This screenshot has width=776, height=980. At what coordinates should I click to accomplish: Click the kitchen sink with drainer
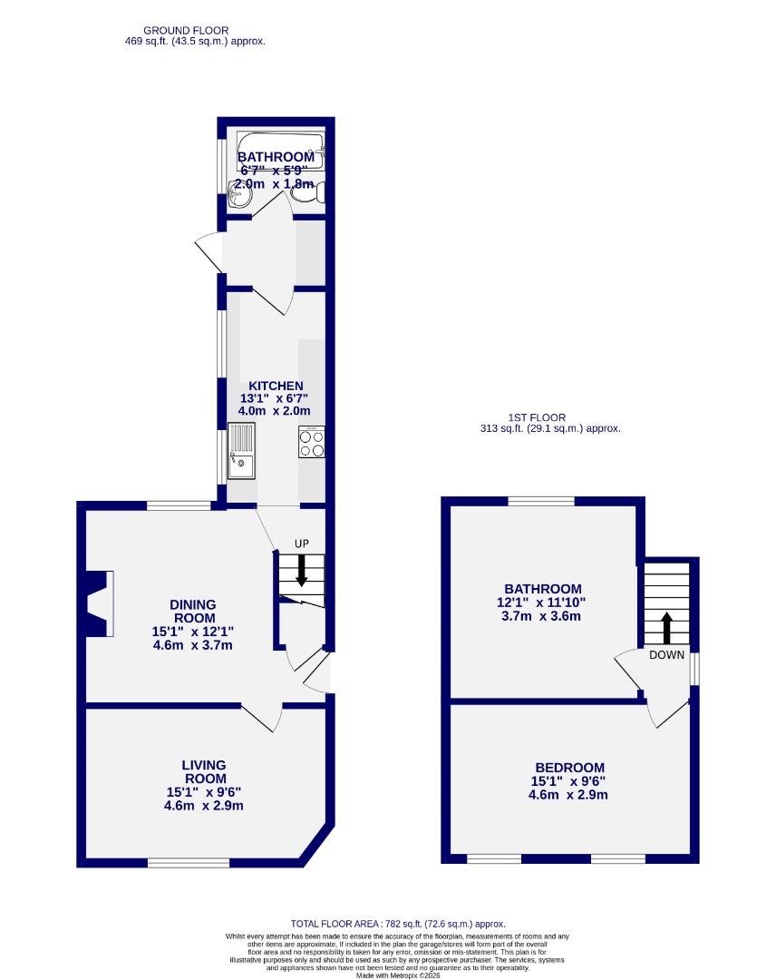[x=242, y=451]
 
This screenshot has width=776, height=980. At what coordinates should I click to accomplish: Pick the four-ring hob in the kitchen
[x=312, y=442]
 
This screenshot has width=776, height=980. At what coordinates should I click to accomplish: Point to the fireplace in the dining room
[x=98, y=603]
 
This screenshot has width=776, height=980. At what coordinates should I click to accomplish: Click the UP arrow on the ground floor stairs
[x=302, y=572]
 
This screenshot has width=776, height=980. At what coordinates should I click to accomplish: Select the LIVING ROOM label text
[x=204, y=771]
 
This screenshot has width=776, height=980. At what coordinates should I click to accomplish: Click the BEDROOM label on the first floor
[x=568, y=767]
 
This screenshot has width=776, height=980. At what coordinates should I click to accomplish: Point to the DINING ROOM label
[x=193, y=612]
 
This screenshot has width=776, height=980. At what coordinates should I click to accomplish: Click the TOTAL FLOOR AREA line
[x=397, y=923]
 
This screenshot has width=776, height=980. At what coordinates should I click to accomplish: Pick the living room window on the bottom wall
[x=189, y=862]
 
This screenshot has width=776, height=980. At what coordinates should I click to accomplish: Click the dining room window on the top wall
[x=179, y=505]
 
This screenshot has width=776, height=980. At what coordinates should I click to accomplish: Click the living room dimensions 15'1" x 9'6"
[x=204, y=791]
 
